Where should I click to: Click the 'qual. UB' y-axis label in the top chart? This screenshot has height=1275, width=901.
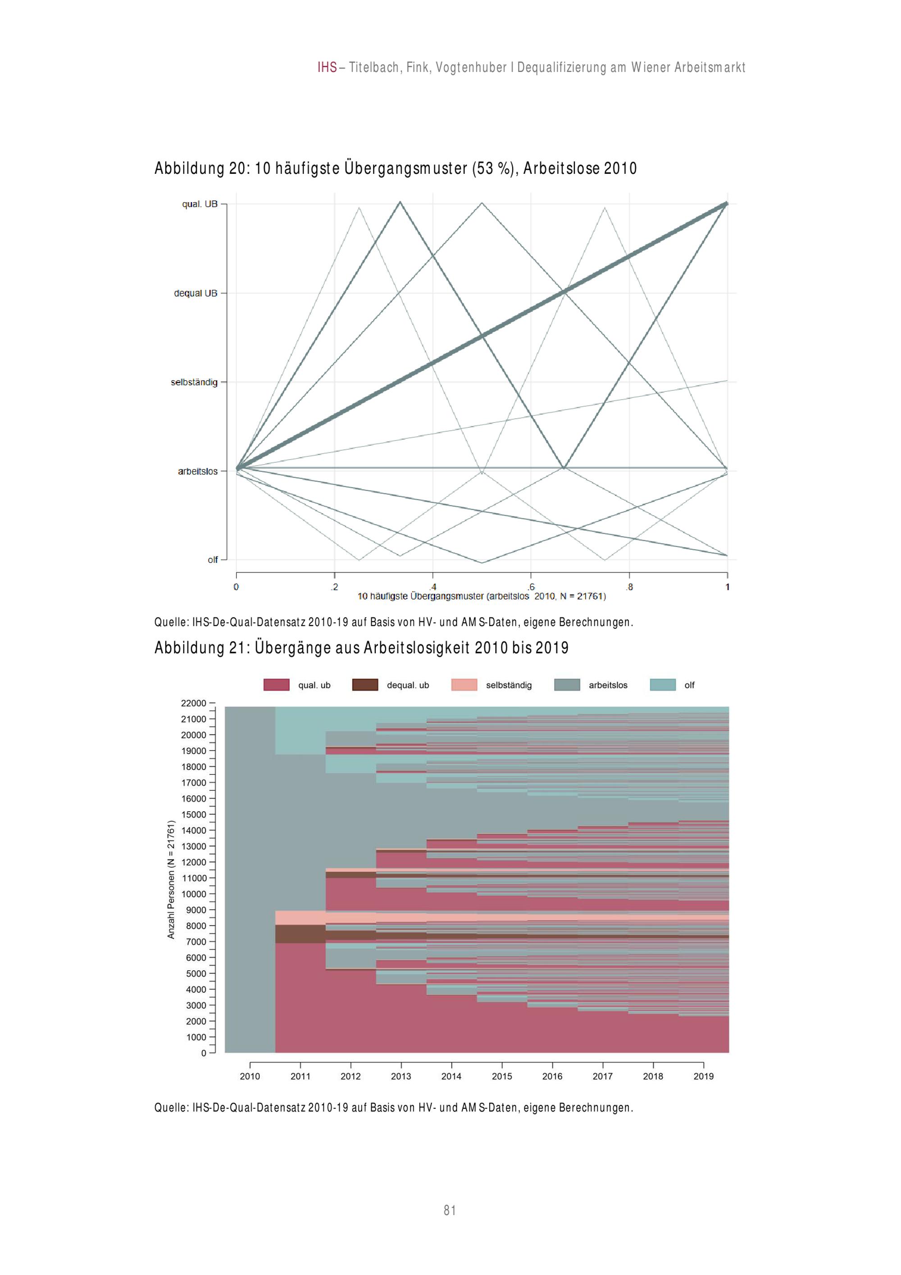(200, 204)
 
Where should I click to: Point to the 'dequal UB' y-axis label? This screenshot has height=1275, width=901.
(196, 293)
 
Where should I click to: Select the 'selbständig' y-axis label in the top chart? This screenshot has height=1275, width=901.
(194, 382)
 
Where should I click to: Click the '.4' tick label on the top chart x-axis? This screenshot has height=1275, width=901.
(432, 587)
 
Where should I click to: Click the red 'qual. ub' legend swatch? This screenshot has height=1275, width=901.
(276, 685)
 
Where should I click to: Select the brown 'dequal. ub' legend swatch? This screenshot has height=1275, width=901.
(365, 685)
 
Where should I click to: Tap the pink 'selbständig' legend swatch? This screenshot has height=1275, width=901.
(464, 685)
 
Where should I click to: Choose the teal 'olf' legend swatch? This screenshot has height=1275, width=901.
(663, 685)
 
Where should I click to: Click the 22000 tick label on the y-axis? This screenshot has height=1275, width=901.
(193, 703)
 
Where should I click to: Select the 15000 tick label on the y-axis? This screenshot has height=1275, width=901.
(193, 814)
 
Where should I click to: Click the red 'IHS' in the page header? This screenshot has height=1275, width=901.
(327, 68)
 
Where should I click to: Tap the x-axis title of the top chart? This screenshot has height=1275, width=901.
(481, 597)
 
